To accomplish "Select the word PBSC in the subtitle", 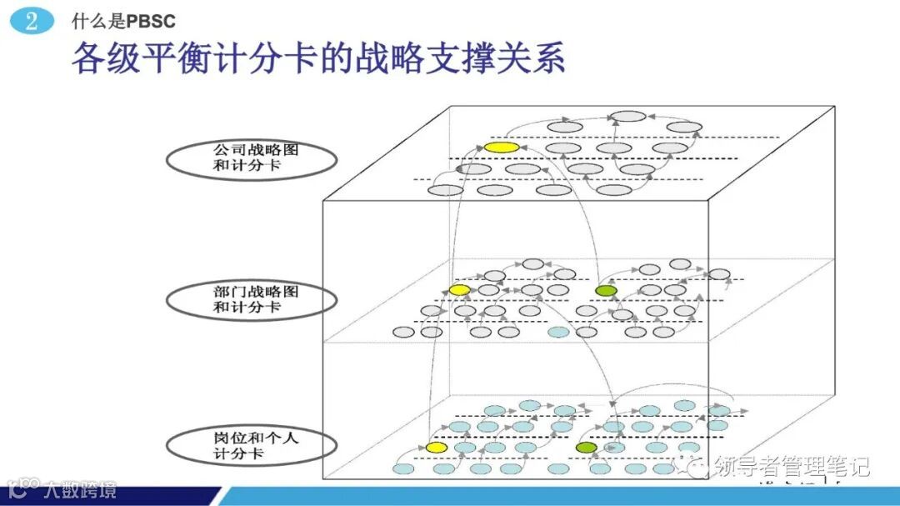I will (x=151, y=22).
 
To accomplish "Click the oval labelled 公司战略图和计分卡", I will (x=251, y=159).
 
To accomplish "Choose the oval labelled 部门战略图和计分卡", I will (x=251, y=300).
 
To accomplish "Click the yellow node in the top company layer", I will (x=501, y=148).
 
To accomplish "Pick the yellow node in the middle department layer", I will (x=459, y=289).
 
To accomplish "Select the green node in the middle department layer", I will (x=606, y=290).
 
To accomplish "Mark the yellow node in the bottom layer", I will (x=436, y=448).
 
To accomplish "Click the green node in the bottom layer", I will (x=586, y=448).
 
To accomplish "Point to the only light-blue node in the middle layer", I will (x=558, y=332).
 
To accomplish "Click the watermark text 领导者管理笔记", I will (x=792, y=465).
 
